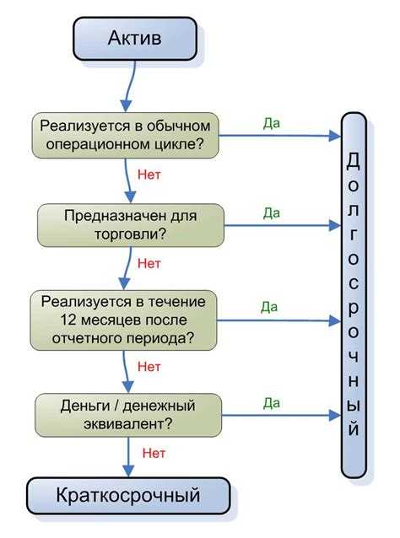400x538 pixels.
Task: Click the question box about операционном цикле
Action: tap(126, 135)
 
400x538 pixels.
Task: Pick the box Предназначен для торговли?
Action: tap(132, 224)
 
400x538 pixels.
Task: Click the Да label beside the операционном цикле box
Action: tap(272, 123)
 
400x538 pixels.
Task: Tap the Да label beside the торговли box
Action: tap(272, 213)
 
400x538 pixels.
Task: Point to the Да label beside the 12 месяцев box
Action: tap(270, 306)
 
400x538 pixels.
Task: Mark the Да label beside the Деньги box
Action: tap(272, 403)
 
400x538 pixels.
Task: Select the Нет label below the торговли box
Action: tap(149, 263)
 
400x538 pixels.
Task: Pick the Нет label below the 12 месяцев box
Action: tap(149, 367)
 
